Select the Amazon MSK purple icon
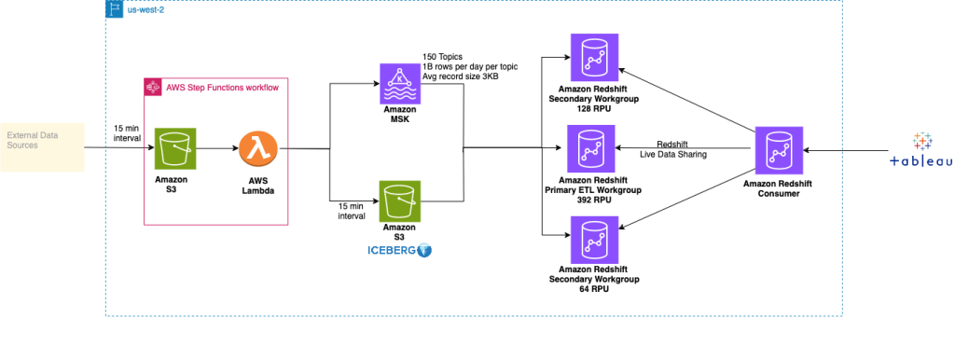pyautogui.click(x=399, y=83)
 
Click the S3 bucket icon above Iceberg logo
pyautogui.click(x=399, y=201)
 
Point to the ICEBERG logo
pyautogui.click(x=398, y=250)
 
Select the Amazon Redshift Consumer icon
pyautogui.click(x=777, y=150)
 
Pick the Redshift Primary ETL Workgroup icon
pyautogui.click(x=589, y=148)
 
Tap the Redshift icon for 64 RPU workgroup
pyautogui.click(x=589, y=238)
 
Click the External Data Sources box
pyautogui.click(x=41, y=145)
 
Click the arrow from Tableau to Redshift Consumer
pyautogui.click(x=851, y=150)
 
